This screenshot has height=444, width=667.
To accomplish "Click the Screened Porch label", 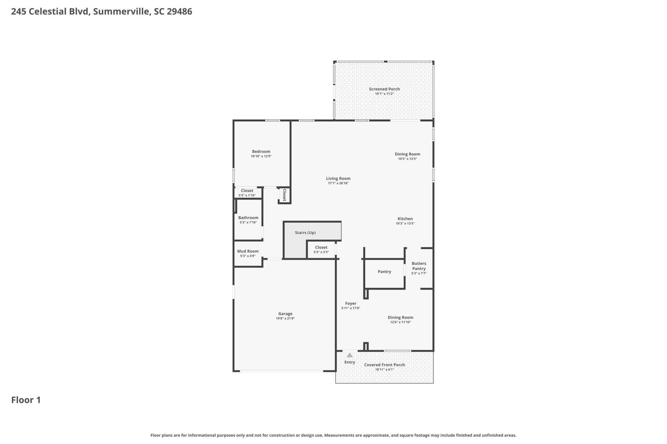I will coord(384,89).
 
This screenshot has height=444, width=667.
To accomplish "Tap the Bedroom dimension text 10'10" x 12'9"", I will coord(261,156).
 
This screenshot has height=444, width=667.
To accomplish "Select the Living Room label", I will coord(338,179).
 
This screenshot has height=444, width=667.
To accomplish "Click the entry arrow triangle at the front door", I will coord(349,355).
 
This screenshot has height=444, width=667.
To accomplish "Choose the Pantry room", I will coord(384,272).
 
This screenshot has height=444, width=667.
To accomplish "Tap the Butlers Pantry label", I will coord(419,266).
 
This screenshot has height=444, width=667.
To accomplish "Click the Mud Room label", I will coord(248,251).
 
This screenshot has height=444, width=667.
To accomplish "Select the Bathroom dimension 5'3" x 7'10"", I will coord(248,222).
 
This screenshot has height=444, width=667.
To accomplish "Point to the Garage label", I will coord(285,314).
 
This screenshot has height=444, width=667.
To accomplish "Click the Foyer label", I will coord(351,304).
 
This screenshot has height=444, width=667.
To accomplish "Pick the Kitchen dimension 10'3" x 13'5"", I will coord(405,223).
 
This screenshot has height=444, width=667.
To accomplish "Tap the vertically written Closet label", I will coord(284,195).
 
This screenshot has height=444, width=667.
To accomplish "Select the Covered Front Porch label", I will coord(384,365).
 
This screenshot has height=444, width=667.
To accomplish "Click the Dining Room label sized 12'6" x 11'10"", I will coord(400,317).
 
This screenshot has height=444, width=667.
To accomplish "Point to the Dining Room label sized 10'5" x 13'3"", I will coord(407,154).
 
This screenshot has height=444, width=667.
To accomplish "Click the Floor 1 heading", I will coord(26,400).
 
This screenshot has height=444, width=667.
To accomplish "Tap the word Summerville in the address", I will coord(122,11).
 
